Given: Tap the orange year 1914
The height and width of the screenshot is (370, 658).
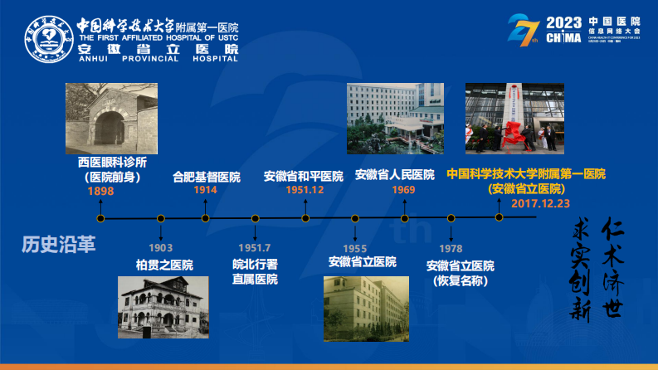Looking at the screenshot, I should click(206, 190).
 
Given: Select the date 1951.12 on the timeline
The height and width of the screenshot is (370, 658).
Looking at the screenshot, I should click(305, 190).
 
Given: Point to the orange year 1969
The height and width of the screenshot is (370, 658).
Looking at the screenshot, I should click(403, 190).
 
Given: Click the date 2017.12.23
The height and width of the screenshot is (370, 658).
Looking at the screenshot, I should click(540, 203).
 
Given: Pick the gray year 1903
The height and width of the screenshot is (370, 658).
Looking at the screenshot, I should click(161, 248).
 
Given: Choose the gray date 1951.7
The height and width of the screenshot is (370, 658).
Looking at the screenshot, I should click(254, 248).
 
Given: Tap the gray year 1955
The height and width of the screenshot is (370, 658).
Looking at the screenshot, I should click(354, 248).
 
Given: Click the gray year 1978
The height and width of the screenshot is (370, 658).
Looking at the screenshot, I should click(451, 248).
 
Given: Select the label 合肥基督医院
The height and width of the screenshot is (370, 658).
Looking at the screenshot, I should click(206, 177).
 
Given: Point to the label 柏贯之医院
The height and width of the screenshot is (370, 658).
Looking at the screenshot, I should click(164, 265).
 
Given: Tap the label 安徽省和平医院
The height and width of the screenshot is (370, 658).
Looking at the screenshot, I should click(304, 176).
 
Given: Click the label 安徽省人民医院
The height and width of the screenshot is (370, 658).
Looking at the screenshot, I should click(394, 175).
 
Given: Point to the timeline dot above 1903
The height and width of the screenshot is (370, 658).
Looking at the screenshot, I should click(161, 218).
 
